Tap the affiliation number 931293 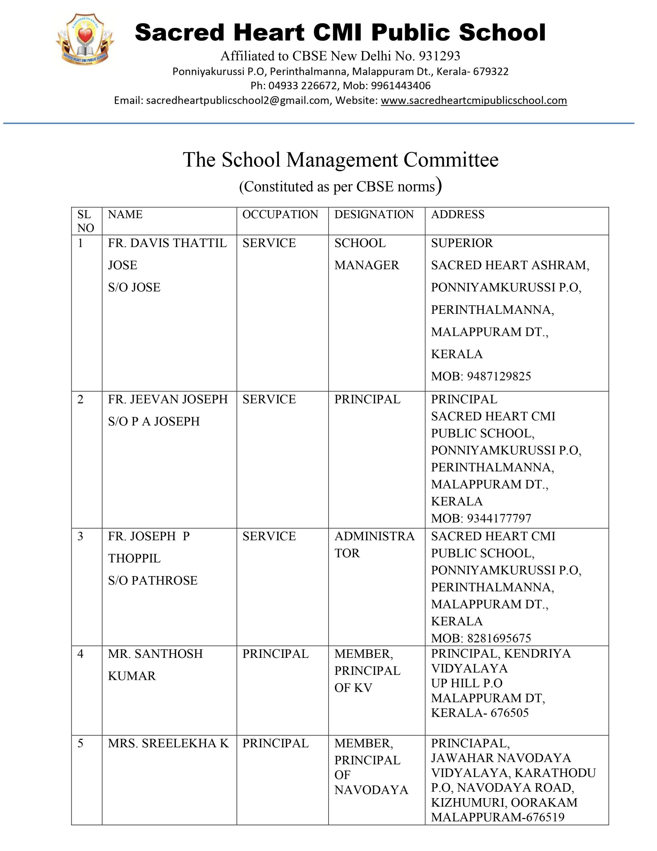439,56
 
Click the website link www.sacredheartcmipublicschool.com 474,100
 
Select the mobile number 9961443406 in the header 400,86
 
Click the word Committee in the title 451,160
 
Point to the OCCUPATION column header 280,214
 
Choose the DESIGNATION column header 374,214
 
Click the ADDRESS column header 458,214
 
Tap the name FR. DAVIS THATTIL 167,243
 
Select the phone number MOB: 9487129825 481,376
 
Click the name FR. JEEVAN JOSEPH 167,399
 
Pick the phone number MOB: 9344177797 481,518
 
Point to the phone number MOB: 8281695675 481,638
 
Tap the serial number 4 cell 80,654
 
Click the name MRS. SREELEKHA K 168,743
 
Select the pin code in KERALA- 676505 510,713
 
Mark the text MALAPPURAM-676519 497,817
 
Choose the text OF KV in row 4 353,688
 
